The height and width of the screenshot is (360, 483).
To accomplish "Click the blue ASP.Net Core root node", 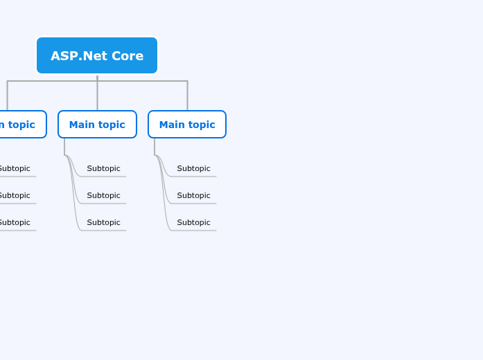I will (x=97, y=55).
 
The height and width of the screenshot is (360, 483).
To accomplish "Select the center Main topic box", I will (x=97, y=125).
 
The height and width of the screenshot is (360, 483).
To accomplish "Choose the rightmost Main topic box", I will (x=187, y=125).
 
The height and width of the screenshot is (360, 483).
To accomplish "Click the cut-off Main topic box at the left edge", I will (x=21, y=125).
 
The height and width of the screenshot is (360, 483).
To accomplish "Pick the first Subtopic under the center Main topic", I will (x=103, y=168).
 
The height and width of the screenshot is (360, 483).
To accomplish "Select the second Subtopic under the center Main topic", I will (x=103, y=195).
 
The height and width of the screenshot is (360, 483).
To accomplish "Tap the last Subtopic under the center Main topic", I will (x=103, y=222).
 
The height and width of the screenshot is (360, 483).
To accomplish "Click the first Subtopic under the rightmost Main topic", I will (x=193, y=168).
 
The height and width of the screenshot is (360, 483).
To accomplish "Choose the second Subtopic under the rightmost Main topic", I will (x=193, y=195).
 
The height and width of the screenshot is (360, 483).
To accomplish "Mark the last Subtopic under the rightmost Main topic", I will (x=193, y=222).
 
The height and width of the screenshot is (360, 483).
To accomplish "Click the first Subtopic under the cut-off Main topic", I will (x=15, y=168).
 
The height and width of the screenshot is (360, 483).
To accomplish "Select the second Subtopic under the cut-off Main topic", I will (x=15, y=195).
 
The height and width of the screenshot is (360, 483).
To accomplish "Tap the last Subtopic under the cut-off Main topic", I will (x=15, y=222).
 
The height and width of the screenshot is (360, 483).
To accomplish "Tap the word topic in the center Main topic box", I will (x=112, y=125).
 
